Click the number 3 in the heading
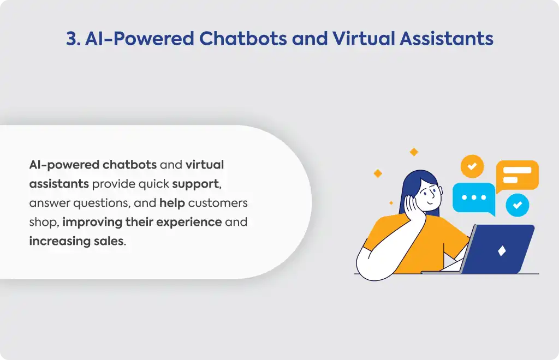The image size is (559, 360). pos(72,39)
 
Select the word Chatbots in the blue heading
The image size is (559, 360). pos(243,38)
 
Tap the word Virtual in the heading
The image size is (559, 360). pos(363,38)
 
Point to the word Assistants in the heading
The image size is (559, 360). pos(447,38)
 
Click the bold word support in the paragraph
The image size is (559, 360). pos(195,184)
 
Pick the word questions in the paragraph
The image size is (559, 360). pos(102,203)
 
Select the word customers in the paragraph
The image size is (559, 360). pos(218,203)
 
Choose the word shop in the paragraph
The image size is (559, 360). pos(43,223)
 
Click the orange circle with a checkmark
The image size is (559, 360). pos(472,166)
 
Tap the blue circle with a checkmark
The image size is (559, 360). pos(518,205)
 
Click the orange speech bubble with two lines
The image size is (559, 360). pos(517,176)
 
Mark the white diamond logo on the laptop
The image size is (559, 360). pos(502,251)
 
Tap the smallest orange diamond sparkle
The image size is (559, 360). pos(391,203)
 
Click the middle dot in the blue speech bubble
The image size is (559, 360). pos(474,197)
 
